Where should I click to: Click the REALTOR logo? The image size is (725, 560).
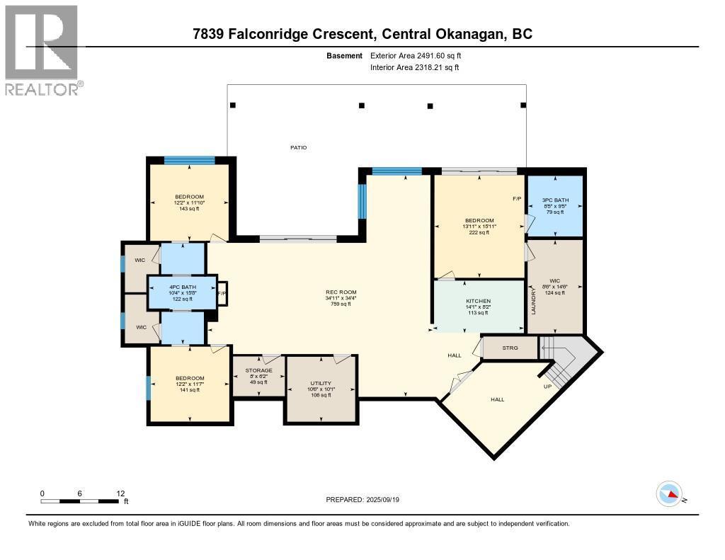(x=41, y=50)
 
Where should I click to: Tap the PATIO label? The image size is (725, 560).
(x=298, y=147)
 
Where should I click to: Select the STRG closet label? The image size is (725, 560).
(x=510, y=348)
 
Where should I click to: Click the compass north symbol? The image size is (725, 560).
(x=669, y=493)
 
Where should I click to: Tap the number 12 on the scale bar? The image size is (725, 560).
(x=120, y=493)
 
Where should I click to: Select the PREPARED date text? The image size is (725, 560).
(x=367, y=500)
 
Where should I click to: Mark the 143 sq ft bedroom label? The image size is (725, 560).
(x=189, y=209)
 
